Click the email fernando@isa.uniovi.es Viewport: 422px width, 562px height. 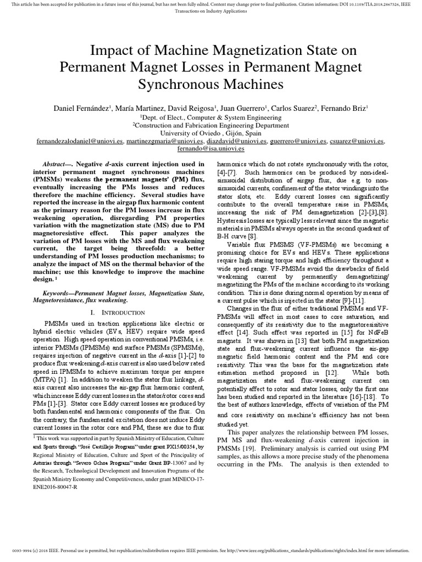(210, 149)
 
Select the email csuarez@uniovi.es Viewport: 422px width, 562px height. (356, 141)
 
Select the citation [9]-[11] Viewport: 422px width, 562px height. (355, 301)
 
